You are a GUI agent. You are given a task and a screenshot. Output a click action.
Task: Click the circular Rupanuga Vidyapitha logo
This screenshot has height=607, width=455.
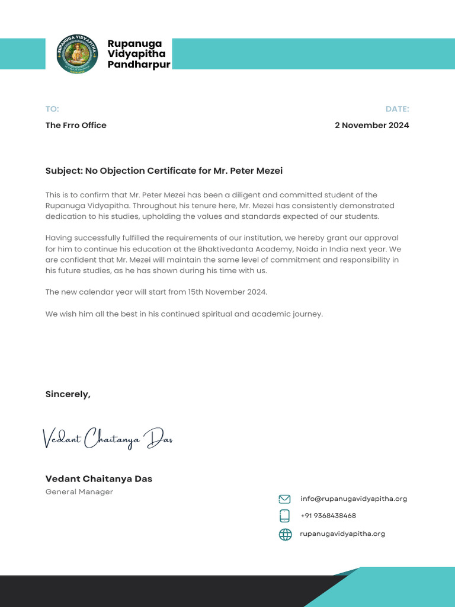point(78,54)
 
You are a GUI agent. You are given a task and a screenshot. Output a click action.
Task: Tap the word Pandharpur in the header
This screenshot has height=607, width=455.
point(139,65)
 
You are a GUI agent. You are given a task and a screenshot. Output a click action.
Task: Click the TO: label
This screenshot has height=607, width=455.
point(52,109)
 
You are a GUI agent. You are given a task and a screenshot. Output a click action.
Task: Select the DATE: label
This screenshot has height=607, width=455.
point(397,109)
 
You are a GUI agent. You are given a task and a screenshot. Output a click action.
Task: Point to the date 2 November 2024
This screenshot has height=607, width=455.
point(371,125)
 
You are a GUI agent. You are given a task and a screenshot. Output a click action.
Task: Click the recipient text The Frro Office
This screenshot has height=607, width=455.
point(76,125)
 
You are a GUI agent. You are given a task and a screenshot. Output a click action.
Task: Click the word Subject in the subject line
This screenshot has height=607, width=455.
point(63,171)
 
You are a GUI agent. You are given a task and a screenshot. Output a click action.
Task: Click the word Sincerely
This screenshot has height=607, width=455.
point(68,394)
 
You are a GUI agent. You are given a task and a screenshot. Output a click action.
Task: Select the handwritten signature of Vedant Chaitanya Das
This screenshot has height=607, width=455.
point(107,439)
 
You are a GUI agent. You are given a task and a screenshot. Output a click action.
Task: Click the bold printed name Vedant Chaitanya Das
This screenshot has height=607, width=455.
point(98,479)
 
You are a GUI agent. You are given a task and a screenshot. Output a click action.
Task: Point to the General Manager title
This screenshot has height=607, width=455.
point(79,492)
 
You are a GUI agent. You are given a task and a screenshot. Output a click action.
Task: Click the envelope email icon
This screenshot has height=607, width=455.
point(285,499)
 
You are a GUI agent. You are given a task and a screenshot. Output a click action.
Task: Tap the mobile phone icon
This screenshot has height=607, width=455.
point(285,516)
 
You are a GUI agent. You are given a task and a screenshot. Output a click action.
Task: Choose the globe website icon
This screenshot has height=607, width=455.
point(285,534)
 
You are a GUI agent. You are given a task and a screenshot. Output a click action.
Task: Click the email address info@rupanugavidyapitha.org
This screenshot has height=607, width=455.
point(354,499)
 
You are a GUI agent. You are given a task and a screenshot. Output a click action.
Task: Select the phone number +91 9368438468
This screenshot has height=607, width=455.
point(328,516)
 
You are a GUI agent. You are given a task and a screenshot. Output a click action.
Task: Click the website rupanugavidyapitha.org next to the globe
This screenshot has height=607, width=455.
point(342,533)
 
